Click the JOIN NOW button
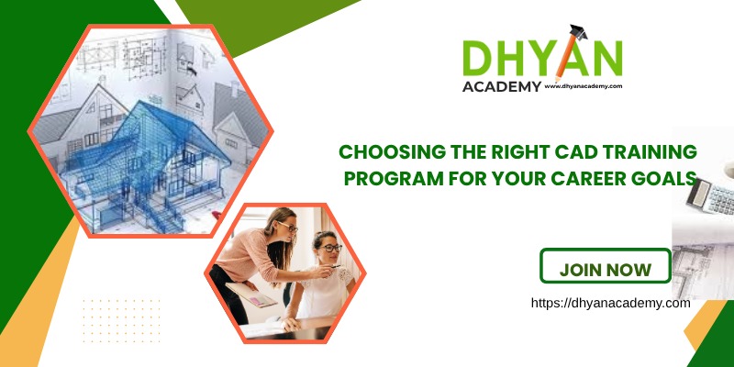[x=605, y=270]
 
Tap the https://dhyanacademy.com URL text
[x=610, y=302]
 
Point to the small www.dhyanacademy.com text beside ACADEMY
[x=584, y=86]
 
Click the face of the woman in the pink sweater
[x=284, y=229]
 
